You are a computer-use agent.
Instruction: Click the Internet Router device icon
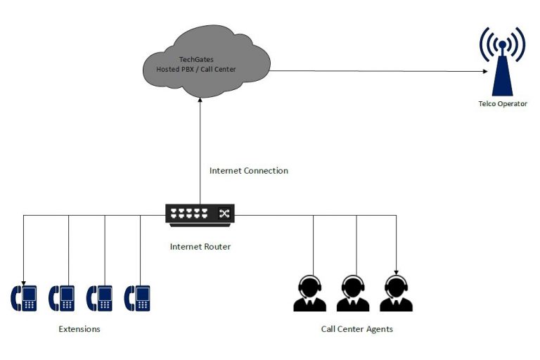pos(200,214)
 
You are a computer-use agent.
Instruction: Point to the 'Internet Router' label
pos(200,247)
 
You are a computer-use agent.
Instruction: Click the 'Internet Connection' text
pos(249,171)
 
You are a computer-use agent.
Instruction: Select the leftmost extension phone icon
pos(24,298)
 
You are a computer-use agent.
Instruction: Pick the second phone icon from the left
pos(62,298)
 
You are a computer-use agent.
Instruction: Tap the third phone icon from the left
pos(99,298)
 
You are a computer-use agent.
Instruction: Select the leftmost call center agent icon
pos(309,293)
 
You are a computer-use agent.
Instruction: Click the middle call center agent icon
pos(353,293)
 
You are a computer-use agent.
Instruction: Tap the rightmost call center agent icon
pos(396,293)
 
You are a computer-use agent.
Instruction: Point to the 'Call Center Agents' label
pos(356,329)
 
